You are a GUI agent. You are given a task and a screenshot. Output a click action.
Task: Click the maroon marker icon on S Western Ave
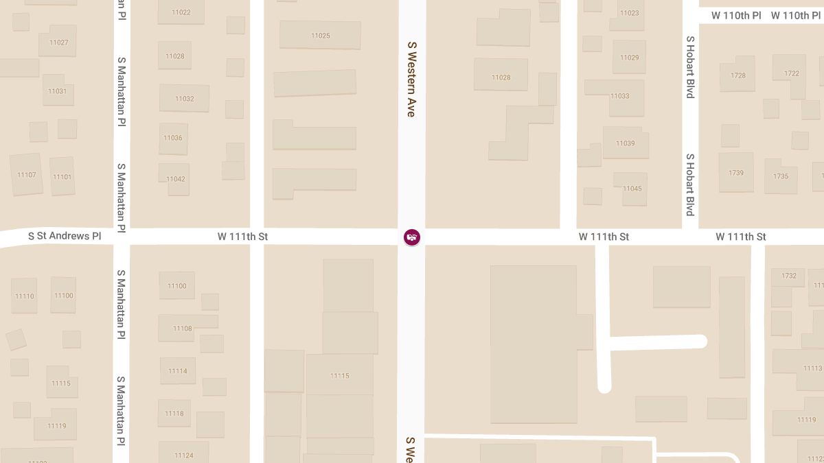click(x=412, y=237)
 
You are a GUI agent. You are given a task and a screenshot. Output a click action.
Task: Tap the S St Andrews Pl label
click(x=65, y=236)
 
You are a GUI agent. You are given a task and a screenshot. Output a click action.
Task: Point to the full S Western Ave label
click(x=412, y=79)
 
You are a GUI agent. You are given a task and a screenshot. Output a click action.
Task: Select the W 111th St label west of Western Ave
click(x=242, y=237)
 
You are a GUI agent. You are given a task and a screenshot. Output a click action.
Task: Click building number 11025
click(x=320, y=36)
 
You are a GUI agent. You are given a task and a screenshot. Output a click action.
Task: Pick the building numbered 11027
click(x=59, y=43)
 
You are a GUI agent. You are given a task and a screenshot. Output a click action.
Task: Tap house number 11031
click(x=58, y=91)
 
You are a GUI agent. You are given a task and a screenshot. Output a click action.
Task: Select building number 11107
click(x=27, y=175)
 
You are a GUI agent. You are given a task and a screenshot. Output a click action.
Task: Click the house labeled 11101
click(x=62, y=177)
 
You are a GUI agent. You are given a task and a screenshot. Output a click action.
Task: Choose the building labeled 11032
click(x=184, y=99)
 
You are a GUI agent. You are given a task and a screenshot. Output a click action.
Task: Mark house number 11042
click(x=175, y=179)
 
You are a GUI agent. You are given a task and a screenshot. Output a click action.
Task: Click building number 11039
click(x=626, y=143)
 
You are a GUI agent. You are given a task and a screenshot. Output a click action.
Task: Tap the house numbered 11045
click(x=632, y=189)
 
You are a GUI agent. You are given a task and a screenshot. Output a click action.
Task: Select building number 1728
click(x=738, y=75)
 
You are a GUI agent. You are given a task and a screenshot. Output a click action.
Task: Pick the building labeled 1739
click(x=736, y=173)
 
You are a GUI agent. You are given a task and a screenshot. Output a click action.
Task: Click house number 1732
click(x=789, y=276)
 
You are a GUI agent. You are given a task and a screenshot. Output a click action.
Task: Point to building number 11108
click(x=183, y=329)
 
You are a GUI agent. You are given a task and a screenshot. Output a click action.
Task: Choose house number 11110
click(x=25, y=296)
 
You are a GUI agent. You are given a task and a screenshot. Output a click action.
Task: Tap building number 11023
click(x=629, y=13)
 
